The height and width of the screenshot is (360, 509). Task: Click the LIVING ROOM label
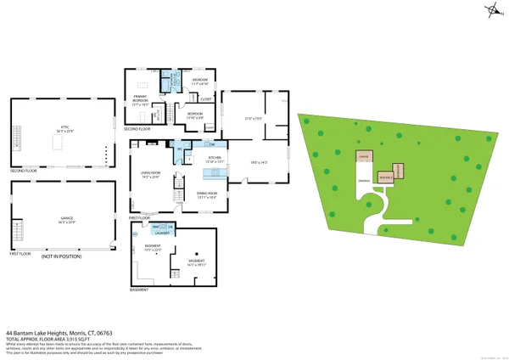[x=149, y=176]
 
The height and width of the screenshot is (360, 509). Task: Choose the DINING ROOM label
[x=210, y=194]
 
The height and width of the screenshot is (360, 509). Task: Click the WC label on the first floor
[x=179, y=150]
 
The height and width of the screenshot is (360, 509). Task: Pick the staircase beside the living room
[x=177, y=194]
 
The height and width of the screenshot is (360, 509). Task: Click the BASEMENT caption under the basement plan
[x=139, y=290]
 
